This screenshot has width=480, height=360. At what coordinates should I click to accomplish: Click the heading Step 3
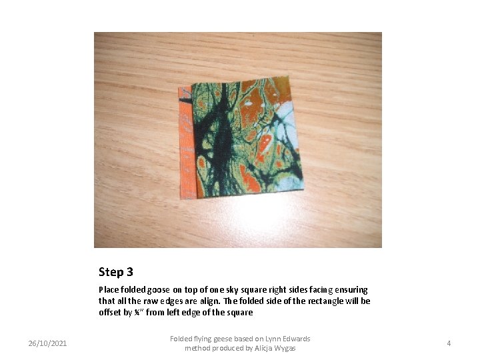pyautogui.click(x=116, y=272)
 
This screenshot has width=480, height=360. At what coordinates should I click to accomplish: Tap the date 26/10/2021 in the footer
pyautogui.click(x=47, y=343)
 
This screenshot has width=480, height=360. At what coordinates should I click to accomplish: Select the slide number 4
pyautogui.click(x=449, y=343)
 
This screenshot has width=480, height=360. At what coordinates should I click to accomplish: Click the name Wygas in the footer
pyautogui.click(x=283, y=349)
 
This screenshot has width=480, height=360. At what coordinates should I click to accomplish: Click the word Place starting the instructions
pyautogui.click(x=109, y=290)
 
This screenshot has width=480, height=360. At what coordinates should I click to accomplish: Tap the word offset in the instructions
pyautogui.click(x=110, y=313)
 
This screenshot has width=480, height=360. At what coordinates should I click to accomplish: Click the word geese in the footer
pyautogui.click(x=225, y=339)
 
